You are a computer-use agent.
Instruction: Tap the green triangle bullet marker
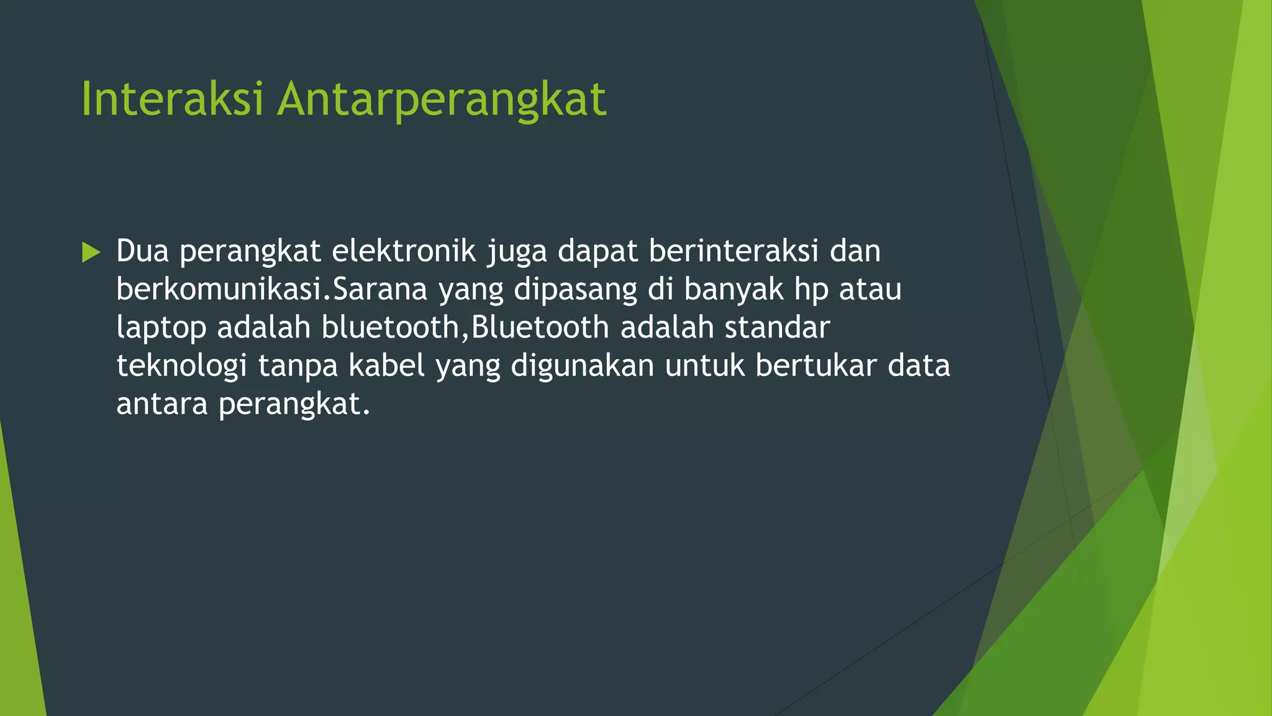pos(91,252)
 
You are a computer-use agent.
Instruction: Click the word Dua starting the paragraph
pos(142,251)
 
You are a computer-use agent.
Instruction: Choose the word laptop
pos(161,329)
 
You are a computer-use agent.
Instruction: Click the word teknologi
pos(181,367)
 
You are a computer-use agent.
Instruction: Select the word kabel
pos(386,365)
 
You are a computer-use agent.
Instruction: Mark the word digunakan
pos(582,367)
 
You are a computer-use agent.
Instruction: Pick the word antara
pos(161,404)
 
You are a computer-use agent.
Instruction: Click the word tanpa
pos(298,367)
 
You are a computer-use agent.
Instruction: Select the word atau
pos(870,290)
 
